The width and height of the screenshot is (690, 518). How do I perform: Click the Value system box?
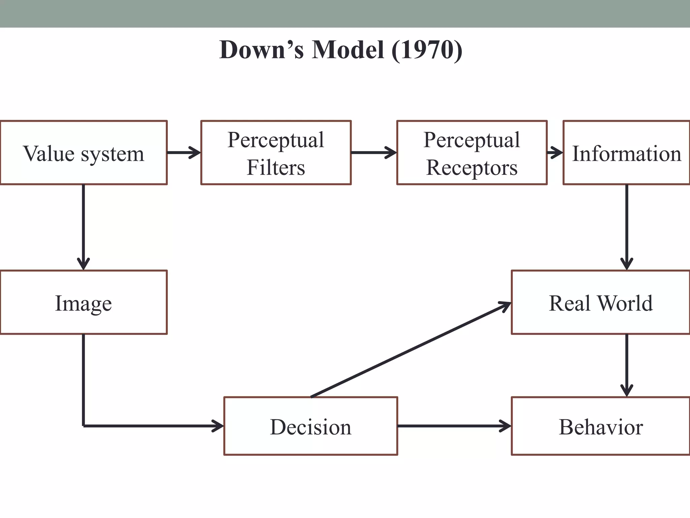84,153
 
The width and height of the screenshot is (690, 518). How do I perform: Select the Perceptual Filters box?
276,153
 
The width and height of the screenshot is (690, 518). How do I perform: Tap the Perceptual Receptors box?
472,153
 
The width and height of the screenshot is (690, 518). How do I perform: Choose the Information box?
626,153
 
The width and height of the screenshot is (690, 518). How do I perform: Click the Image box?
84,303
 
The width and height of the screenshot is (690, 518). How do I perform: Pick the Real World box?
600,303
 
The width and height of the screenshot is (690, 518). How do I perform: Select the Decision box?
311,426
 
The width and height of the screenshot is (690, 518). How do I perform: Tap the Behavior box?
600,426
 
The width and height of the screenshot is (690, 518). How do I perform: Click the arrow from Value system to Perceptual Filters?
184,152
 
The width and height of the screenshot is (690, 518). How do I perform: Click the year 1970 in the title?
427,50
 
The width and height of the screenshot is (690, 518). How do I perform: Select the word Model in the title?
348,50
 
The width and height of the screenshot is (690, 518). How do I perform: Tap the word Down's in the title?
261,50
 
